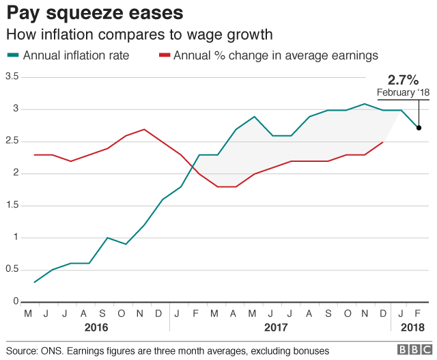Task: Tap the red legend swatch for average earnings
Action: (x=164, y=55)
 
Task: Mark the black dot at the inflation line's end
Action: (x=419, y=128)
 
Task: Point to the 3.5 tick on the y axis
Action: (x=12, y=77)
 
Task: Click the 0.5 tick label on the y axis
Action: (x=12, y=269)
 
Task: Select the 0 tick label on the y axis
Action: (x=15, y=301)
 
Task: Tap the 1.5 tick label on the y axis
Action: (x=12, y=205)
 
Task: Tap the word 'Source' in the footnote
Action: (x=23, y=350)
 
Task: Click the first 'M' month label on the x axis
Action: (x=29, y=314)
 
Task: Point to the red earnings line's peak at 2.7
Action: (x=143, y=129)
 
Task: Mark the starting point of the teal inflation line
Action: (x=33, y=282)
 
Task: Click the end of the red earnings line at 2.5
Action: (x=383, y=141)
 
